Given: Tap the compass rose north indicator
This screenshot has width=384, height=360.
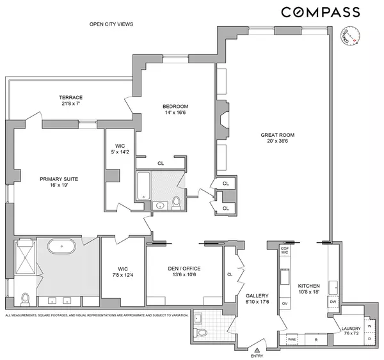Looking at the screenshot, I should [x=349, y=36].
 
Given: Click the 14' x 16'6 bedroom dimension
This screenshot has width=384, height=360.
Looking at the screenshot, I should [x=175, y=113].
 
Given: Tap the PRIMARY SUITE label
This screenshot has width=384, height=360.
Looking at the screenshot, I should [x=59, y=179].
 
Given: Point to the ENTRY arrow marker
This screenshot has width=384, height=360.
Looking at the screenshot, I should [x=257, y=349].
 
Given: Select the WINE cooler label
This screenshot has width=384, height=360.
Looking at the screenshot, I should [x=291, y=339].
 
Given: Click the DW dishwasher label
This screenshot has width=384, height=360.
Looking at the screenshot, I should [x=333, y=301].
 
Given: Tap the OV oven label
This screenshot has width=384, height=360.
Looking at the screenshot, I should [x=285, y=304].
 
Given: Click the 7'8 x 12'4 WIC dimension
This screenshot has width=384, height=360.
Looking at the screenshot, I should [x=124, y=275].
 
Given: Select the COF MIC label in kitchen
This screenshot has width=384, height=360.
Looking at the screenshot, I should [x=285, y=250].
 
